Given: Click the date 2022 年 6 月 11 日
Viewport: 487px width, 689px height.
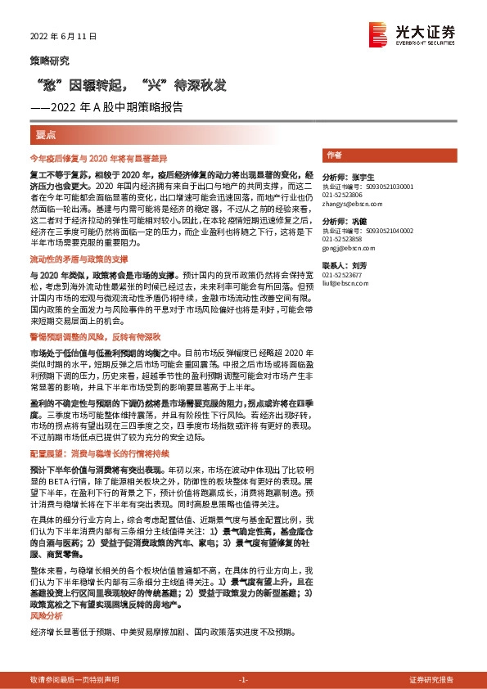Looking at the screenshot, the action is [x=63, y=37].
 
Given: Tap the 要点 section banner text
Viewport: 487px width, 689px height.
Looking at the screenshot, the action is [x=46, y=134].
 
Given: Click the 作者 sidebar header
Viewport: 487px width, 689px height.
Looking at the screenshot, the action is [x=334, y=155].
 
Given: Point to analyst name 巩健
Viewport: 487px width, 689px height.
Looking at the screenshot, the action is [x=358, y=222].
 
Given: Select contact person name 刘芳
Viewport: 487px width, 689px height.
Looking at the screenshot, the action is [x=361, y=266].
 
